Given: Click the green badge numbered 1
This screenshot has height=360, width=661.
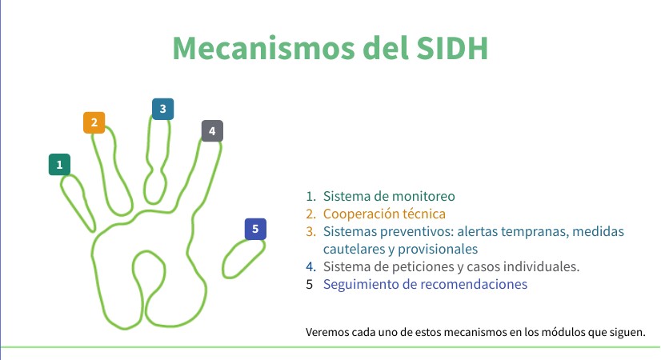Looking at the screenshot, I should (x=59, y=165).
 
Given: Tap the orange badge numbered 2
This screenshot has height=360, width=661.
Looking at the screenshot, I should (x=94, y=122).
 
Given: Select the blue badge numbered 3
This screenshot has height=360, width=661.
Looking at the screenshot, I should (x=162, y=109).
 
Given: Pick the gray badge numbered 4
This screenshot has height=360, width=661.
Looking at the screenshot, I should (x=211, y=131).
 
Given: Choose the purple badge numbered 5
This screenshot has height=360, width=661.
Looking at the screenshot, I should (x=255, y=230).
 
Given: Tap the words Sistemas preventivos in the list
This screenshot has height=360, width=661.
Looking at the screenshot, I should (x=381, y=231).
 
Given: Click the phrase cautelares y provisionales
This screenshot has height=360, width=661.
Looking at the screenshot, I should (x=401, y=249).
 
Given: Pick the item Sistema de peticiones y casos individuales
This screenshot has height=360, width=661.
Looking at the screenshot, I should (x=451, y=266).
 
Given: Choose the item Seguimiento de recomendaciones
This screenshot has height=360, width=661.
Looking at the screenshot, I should (x=425, y=284).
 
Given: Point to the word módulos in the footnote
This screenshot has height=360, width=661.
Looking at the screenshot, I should (x=562, y=332).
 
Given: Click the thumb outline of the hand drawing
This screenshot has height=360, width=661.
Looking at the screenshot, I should (x=243, y=260).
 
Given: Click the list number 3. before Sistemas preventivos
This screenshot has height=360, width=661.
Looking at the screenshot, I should (x=310, y=231).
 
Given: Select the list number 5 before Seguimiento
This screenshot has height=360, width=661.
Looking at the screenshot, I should (x=309, y=284).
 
